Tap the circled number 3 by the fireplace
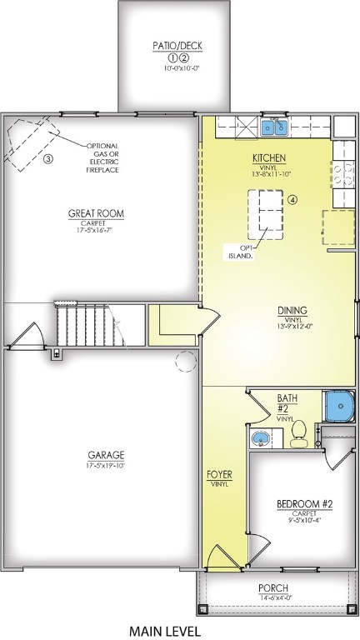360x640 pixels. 47,158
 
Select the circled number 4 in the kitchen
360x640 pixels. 292,200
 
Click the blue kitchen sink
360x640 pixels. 274,128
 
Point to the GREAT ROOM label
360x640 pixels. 96,214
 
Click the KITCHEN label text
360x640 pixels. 269,157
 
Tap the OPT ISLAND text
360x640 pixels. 241,252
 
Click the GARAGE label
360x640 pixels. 106,455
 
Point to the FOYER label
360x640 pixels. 219,475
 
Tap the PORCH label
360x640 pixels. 274,588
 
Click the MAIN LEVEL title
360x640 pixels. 165,631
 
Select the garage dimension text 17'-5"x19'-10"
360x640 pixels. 106,466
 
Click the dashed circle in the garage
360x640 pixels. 186,362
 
